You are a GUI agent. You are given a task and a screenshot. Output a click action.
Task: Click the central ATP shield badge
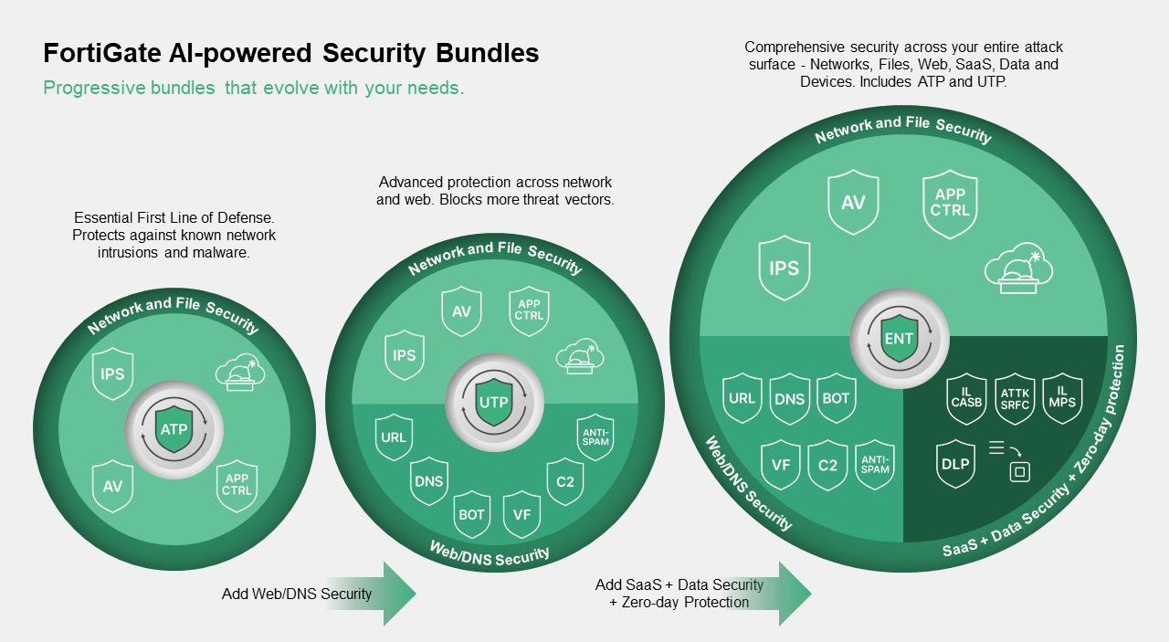(174, 429)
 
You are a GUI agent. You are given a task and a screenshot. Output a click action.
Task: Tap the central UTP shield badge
(494, 402)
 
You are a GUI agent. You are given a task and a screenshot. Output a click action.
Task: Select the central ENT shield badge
(899, 338)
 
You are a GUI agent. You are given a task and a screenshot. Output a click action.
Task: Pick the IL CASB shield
(967, 399)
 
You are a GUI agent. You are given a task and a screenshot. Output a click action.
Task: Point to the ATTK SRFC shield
(1014, 399)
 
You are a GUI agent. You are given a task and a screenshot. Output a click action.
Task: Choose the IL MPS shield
(1061, 399)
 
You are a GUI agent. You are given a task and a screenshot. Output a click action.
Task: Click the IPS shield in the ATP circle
(113, 374)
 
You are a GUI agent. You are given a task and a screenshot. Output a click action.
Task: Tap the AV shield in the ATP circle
(113, 486)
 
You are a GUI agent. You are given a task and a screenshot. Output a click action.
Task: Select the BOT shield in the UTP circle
(472, 514)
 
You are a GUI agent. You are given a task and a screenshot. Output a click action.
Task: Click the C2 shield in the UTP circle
(565, 481)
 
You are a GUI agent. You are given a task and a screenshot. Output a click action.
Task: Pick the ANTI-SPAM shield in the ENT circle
(875, 464)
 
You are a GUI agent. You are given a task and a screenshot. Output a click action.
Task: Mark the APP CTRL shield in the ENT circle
(951, 203)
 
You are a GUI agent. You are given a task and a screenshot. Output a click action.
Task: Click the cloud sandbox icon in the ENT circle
(1017, 271)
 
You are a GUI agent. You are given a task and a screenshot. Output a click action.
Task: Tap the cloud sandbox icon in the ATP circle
(239, 372)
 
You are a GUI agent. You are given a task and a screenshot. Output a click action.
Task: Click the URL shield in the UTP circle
(394, 437)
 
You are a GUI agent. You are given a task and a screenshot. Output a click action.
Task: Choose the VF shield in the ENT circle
(781, 465)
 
